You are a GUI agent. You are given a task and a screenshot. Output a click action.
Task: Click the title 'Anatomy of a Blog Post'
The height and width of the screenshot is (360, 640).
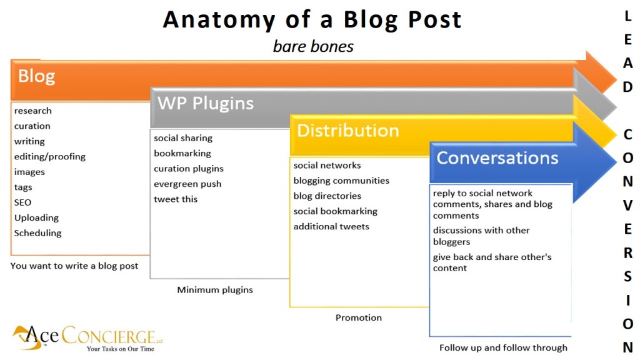(312, 20)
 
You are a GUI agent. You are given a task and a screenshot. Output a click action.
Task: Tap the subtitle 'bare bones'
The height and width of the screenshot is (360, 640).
(313, 47)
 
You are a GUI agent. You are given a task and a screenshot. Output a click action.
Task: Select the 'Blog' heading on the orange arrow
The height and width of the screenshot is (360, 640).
(36, 77)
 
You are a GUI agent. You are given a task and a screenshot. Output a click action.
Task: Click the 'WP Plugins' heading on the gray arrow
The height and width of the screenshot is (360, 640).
(206, 103)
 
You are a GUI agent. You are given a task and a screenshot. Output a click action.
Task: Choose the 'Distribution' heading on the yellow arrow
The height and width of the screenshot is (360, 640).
(347, 131)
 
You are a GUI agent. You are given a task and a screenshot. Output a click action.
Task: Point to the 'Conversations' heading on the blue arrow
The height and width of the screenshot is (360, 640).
(497, 157)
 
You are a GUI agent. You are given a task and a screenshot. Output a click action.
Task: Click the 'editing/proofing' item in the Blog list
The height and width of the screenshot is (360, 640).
(50, 156)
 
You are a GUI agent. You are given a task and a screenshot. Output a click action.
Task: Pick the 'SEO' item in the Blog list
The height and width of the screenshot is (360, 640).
(23, 202)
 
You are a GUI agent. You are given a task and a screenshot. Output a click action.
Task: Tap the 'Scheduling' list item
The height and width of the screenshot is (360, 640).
(38, 233)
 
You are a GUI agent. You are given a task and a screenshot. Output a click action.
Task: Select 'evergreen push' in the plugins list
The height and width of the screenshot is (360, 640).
(187, 184)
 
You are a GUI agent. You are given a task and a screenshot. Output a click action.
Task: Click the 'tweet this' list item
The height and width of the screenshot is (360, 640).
(176, 199)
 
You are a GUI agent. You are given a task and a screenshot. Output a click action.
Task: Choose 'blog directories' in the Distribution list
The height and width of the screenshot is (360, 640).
(327, 196)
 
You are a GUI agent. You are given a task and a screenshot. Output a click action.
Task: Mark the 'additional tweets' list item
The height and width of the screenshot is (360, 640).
(331, 226)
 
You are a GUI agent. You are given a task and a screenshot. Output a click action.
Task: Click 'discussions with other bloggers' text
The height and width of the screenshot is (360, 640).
(481, 236)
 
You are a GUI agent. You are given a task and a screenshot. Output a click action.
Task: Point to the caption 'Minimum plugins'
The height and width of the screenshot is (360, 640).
(215, 289)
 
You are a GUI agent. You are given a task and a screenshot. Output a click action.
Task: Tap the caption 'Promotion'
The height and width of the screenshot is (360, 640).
(358, 317)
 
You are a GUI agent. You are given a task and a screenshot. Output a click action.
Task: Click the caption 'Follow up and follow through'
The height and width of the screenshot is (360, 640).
(503, 347)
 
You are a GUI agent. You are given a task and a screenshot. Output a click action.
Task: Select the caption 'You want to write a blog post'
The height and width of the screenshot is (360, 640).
(74, 266)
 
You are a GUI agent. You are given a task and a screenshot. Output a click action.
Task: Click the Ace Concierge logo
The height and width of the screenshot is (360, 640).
(87, 337)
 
